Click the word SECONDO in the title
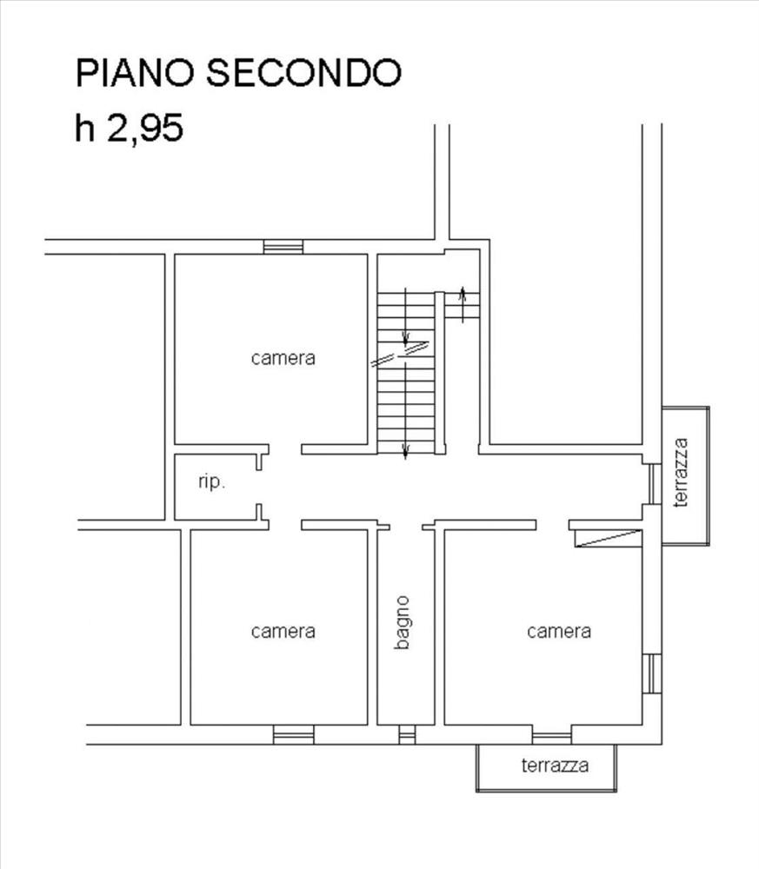(303, 73)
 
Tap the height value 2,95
(144, 129)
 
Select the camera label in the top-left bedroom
(283, 358)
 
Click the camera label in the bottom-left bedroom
(283, 631)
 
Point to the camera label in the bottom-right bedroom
(559, 631)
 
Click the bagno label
(402, 622)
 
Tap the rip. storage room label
(212, 481)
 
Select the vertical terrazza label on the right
(680, 473)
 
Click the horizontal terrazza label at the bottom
(555, 766)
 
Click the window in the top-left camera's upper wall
(283, 247)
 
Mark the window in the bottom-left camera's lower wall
(294, 734)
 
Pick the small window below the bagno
(407, 734)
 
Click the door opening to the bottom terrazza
(552, 737)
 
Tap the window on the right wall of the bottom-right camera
(652, 673)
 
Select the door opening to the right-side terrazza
(655, 484)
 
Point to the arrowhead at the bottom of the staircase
(405, 453)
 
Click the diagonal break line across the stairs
(400, 354)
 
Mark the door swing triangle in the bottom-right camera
(609, 539)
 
